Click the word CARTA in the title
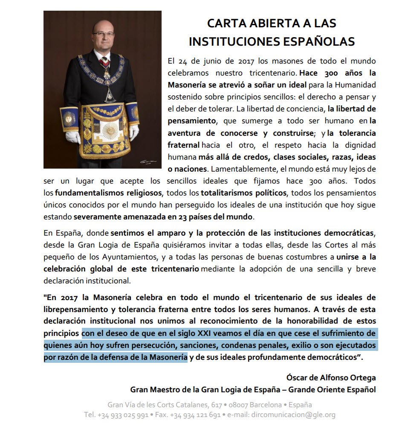(225, 23)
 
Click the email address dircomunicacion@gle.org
(294, 414)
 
